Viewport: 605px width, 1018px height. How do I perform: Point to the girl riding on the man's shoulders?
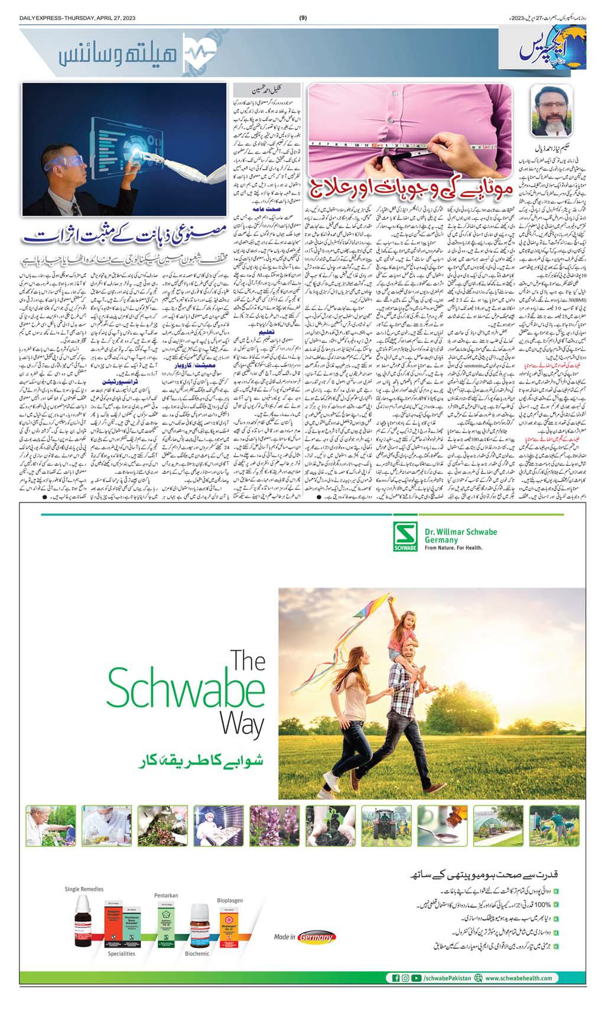point(411,644)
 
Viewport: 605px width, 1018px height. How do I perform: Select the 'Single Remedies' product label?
point(84,889)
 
